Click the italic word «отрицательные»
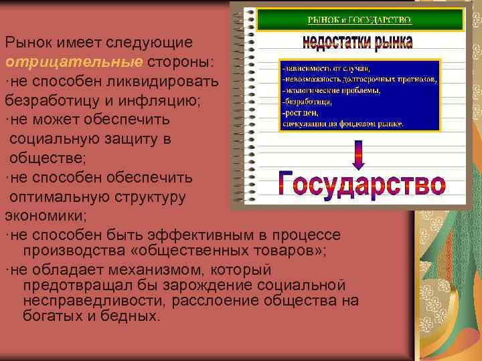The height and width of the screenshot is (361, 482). pos(73,62)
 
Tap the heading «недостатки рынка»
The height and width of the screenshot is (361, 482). pos(357,44)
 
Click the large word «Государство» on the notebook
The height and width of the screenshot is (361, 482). pos(361,185)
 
